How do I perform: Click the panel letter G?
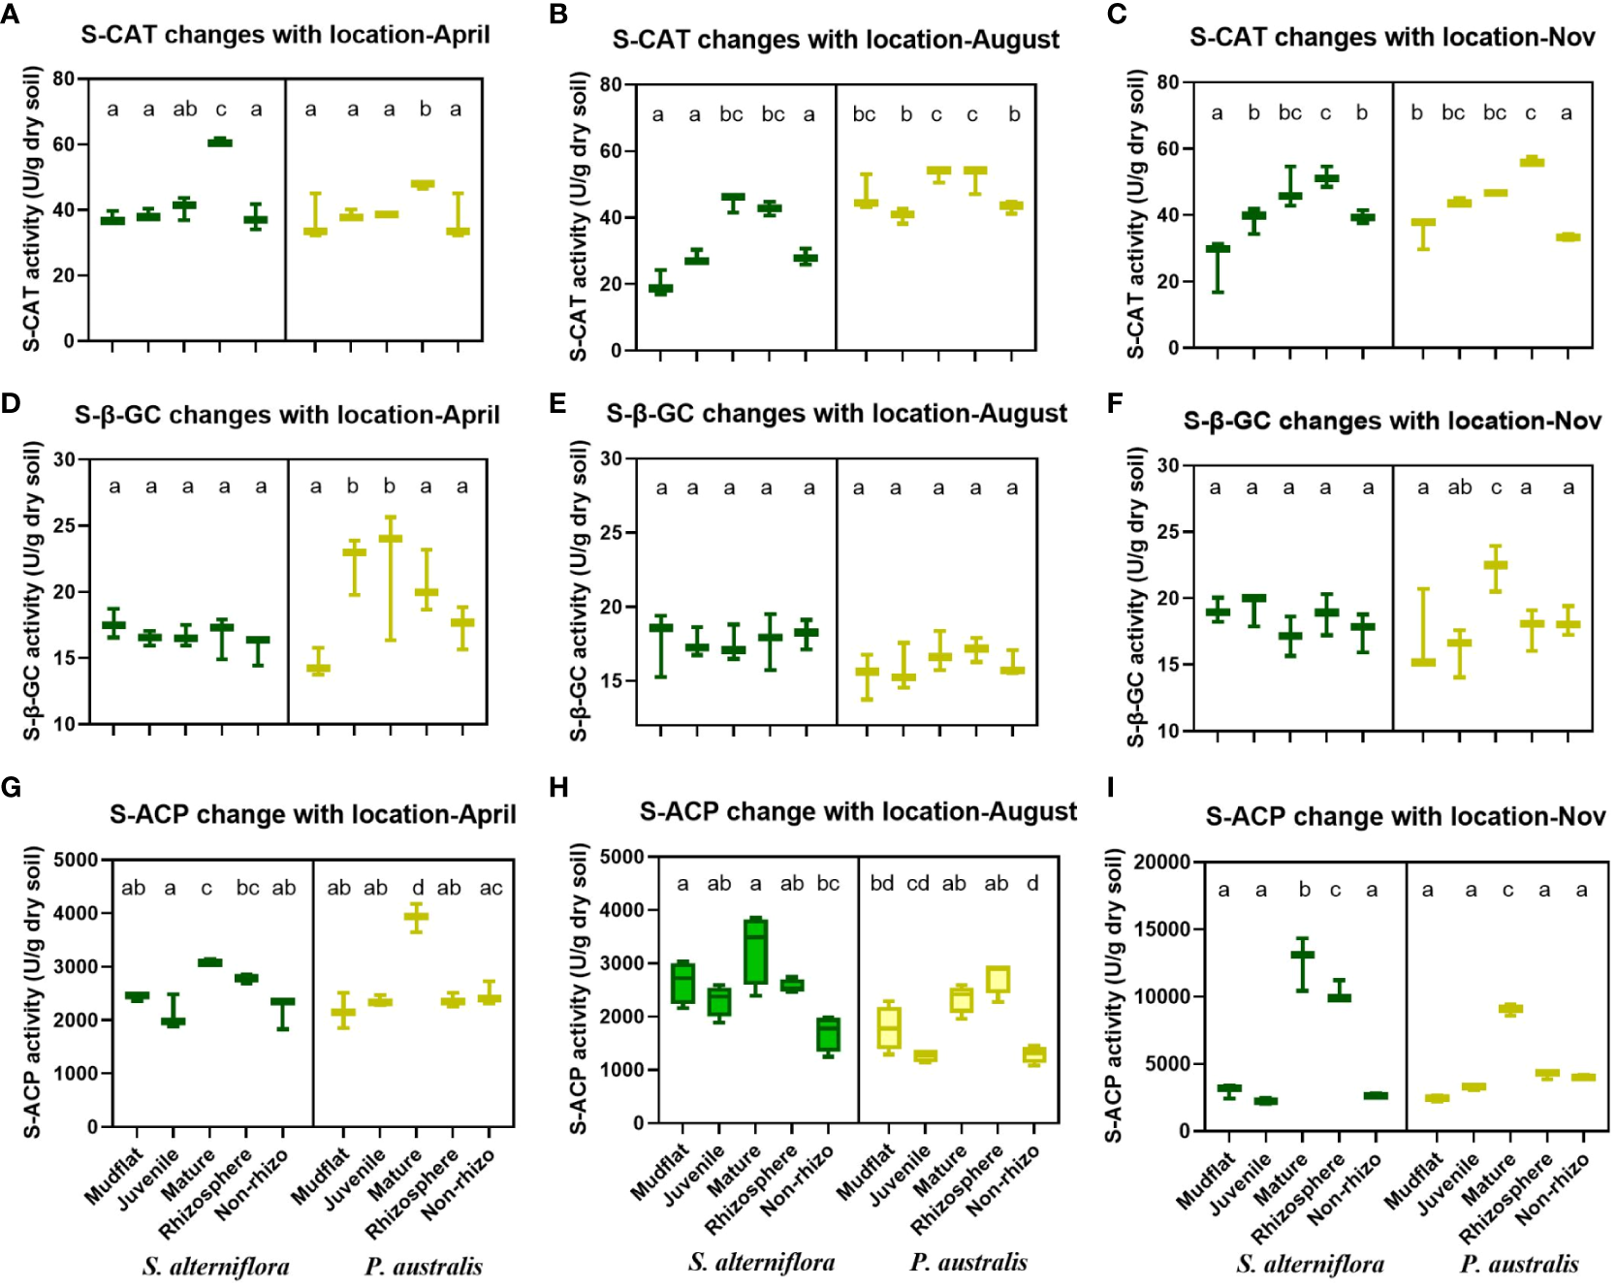11,786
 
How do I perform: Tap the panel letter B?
558,15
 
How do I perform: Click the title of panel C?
1392,38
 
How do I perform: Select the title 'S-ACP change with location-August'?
858,811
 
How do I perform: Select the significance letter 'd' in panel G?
418,887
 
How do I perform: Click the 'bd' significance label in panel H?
882,883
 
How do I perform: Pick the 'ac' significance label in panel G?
491,887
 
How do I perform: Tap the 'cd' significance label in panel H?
918,883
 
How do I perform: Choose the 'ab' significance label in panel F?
1459,487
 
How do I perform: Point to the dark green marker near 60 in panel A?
220,142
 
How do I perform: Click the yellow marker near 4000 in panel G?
417,916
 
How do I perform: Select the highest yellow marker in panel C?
1532,162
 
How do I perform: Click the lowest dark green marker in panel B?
660,288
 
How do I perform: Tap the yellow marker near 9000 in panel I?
1510,1009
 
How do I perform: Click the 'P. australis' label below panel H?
967,1262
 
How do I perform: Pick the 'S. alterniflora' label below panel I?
1310,1264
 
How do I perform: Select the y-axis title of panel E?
579,591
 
